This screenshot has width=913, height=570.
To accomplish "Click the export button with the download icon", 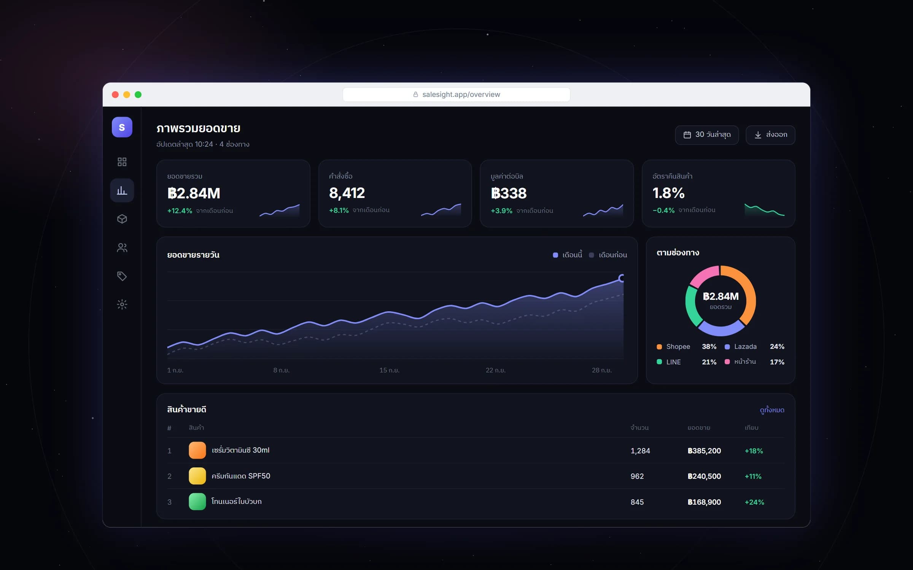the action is pyautogui.click(x=770, y=135).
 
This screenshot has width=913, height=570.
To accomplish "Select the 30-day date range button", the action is pyautogui.click(x=707, y=135).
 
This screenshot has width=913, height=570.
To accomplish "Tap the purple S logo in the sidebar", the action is pyautogui.click(x=122, y=127).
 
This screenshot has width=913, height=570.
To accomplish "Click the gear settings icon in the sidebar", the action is pyautogui.click(x=122, y=304).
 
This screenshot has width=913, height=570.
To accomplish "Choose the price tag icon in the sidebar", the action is pyautogui.click(x=122, y=276).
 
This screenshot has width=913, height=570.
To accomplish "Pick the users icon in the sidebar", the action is pyautogui.click(x=122, y=248).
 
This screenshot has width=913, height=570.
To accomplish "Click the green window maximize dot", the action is pyautogui.click(x=138, y=95).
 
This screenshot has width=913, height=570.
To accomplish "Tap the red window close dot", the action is pyautogui.click(x=115, y=95).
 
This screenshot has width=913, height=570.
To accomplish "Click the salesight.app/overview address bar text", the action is pyautogui.click(x=461, y=95).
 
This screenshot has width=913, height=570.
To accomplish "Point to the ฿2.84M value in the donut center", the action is pyautogui.click(x=721, y=296).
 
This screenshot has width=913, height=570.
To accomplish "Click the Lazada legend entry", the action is pyautogui.click(x=741, y=347).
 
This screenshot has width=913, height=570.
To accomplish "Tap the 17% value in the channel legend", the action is pyautogui.click(x=777, y=362).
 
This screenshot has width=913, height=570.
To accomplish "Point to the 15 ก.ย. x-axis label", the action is pyautogui.click(x=389, y=370).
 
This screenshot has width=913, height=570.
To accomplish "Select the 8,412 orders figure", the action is pyautogui.click(x=347, y=193).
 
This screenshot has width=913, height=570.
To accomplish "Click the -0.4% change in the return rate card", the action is pyautogui.click(x=663, y=210).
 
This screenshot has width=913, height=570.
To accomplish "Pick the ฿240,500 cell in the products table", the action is pyautogui.click(x=704, y=476).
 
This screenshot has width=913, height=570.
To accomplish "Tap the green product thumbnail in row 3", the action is pyautogui.click(x=197, y=502).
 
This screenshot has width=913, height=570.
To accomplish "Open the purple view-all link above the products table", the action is pyautogui.click(x=772, y=410).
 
